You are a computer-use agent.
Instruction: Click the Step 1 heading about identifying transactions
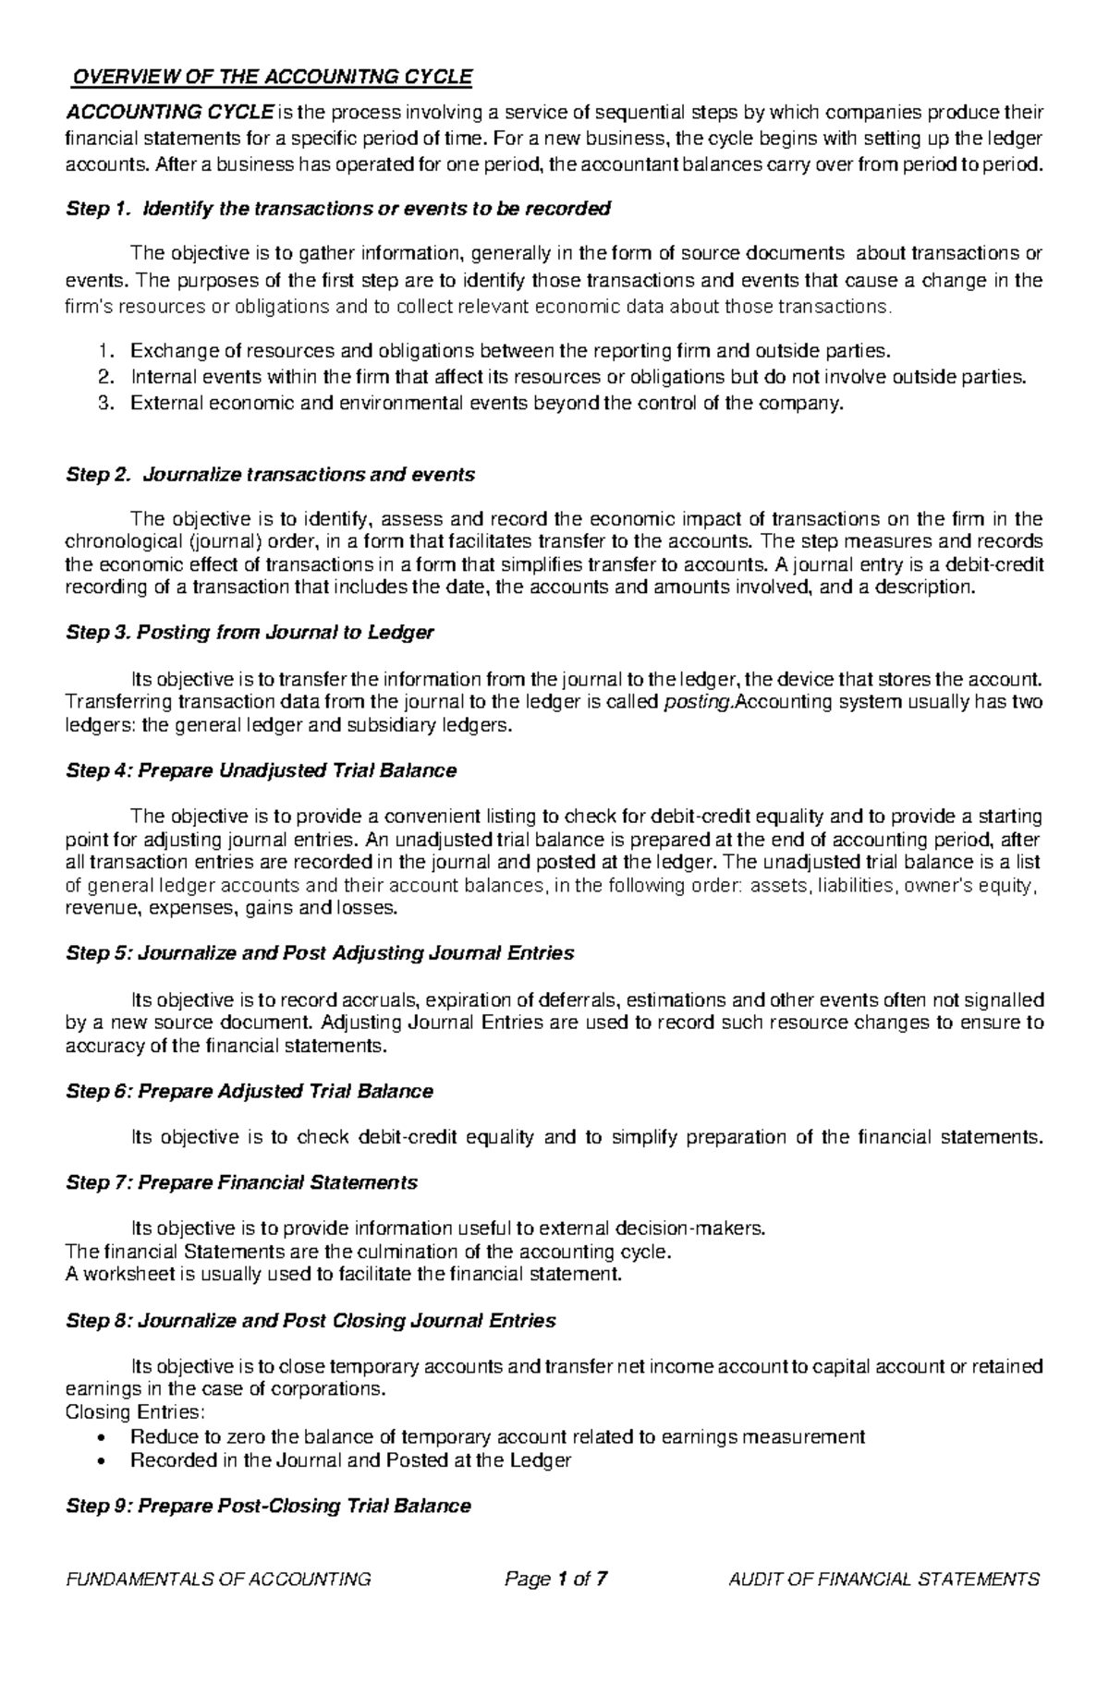[338, 209]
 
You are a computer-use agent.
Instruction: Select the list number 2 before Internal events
[104, 377]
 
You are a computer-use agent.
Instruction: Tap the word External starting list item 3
[164, 404]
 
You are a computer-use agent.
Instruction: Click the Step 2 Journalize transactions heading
[270, 475]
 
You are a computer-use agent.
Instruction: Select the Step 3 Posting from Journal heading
[250, 633]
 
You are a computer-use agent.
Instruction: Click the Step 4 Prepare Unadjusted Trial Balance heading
[261, 770]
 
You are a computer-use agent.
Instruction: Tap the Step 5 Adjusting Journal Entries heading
[320, 953]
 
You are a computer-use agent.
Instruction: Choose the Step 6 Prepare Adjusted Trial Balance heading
[250, 1092]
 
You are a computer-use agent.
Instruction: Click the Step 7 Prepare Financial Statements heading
[241, 1183]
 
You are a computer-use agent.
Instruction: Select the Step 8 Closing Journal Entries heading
[311, 1321]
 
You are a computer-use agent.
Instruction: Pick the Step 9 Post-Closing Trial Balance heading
[268, 1507]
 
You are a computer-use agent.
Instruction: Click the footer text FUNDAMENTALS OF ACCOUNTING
[218, 1580]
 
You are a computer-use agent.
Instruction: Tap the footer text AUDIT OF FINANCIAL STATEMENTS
[884, 1580]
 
